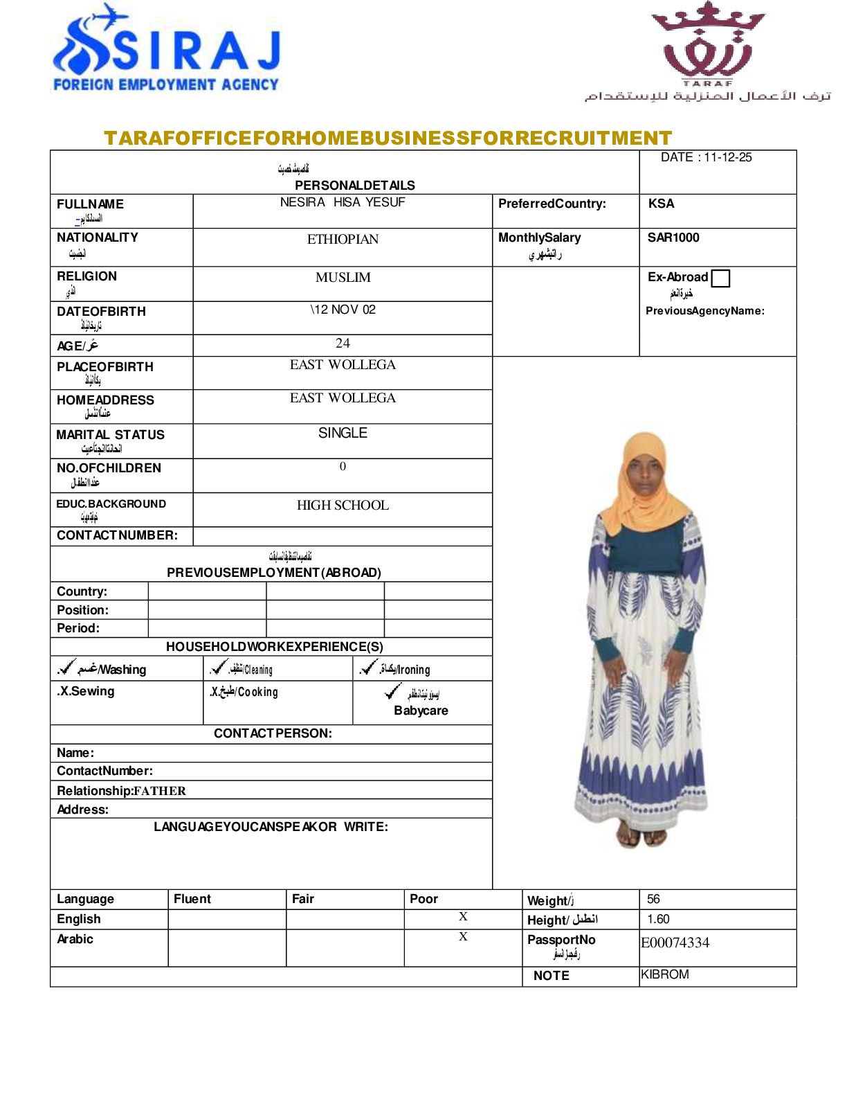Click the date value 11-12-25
[x=727, y=157]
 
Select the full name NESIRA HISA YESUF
[x=343, y=202]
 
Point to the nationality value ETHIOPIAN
[x=343, y=240]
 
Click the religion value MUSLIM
[x=343, y=278]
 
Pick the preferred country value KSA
[x=661, y=204]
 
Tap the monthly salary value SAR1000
[x=673, y=238]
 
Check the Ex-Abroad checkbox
[x=720, y=278]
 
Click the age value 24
[x=343, y=344]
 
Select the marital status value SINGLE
[x=343, y=433]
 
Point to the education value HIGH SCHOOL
[x=343, y=506]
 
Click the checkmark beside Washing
[x=67, y=668]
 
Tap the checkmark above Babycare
[x=393, y=691]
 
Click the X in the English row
[x=463, y=916]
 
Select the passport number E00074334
[x=675, y=943]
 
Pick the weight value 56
[x=653, y=899]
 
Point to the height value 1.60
[x=658, y=919]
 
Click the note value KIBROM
[x=665, y=974]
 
